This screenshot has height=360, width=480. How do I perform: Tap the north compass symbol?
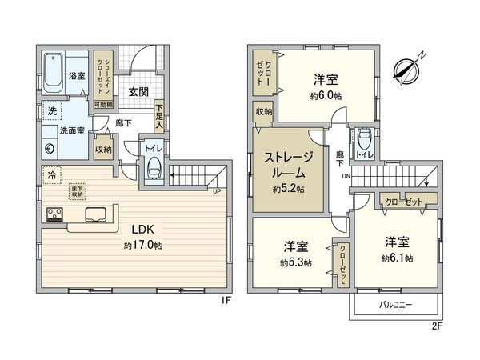click(409, 70)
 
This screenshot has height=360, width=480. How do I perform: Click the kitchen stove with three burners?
click(56, 215)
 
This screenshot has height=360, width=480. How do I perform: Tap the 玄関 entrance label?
click(138, 91)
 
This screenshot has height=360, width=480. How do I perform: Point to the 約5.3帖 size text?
click(296, 262)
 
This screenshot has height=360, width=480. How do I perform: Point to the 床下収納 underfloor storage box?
click(77, 190)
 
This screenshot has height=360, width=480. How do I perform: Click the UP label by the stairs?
click(215, 190)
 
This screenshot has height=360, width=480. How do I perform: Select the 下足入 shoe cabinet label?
click(159, 117)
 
